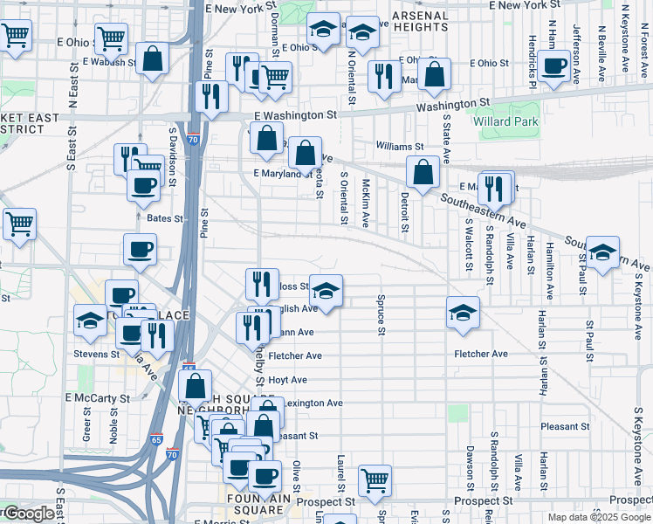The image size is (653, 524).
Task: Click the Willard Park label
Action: (506, 122)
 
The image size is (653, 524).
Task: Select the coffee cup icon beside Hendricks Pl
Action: (554, 66)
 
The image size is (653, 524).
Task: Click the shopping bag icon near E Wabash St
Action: (153, 59)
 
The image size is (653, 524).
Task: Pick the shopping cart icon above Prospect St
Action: (375, 479)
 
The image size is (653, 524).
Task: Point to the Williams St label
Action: (399, 147)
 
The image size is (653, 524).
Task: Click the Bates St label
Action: (165, 218)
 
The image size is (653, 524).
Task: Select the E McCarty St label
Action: (97, 398)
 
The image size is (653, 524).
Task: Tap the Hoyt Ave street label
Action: (287, 380)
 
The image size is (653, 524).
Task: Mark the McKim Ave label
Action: (367, 201)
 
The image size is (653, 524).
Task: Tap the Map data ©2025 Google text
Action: (598, 517)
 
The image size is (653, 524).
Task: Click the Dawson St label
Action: (470, 466)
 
